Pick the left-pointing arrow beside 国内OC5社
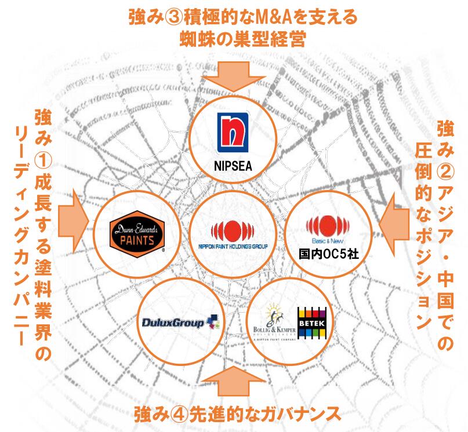point(390,219)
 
